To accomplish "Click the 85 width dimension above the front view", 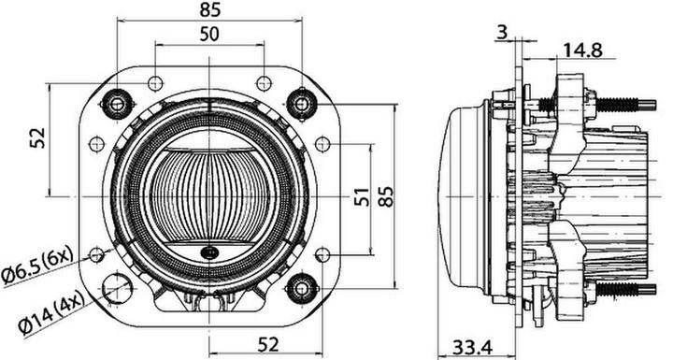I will click(210, 11).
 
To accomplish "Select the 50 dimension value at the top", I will click(210, 35).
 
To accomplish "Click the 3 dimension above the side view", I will click(503, 33).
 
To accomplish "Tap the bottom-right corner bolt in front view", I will click(302, 285).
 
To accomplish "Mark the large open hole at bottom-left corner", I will click(118, 289).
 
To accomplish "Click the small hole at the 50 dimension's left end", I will click(155, 83).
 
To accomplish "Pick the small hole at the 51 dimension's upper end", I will click(322, 144).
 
